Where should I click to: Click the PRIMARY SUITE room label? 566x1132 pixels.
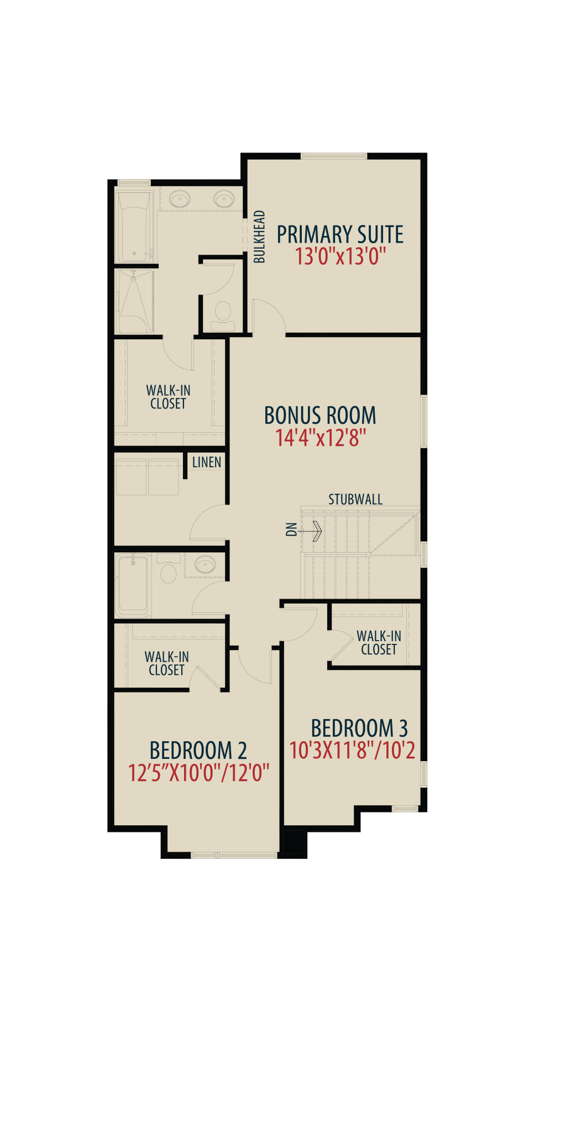pos(340,234)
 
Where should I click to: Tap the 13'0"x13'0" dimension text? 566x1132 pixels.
pos(340,257)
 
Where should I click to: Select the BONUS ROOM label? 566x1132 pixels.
pos(320,416)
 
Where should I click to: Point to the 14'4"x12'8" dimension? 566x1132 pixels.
pos(321,438)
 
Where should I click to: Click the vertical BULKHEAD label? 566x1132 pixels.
pos(259,237)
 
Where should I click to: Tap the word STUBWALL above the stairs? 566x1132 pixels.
pos(355,500)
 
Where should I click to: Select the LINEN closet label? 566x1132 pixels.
pos(207,462)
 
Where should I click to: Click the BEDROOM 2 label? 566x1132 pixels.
pos(198,751)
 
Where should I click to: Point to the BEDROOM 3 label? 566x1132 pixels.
pos(359,729)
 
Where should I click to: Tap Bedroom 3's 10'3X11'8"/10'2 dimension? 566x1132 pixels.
pos(353,751)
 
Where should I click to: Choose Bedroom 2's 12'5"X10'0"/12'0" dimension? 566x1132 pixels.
pos(199,773)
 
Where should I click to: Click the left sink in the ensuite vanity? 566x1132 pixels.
pos(179,198)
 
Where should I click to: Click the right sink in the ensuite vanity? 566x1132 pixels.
pos(224,198)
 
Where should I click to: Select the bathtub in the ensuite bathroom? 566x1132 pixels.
pos(134,227)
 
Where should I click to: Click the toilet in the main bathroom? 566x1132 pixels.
pos(169,569)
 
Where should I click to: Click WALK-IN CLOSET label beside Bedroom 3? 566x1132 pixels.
pos(379,643)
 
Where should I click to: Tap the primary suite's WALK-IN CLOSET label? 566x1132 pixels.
pos(168,397)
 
